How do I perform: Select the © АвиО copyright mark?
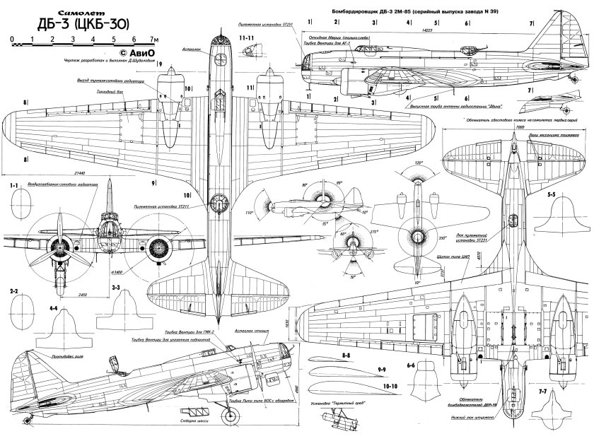135,52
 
